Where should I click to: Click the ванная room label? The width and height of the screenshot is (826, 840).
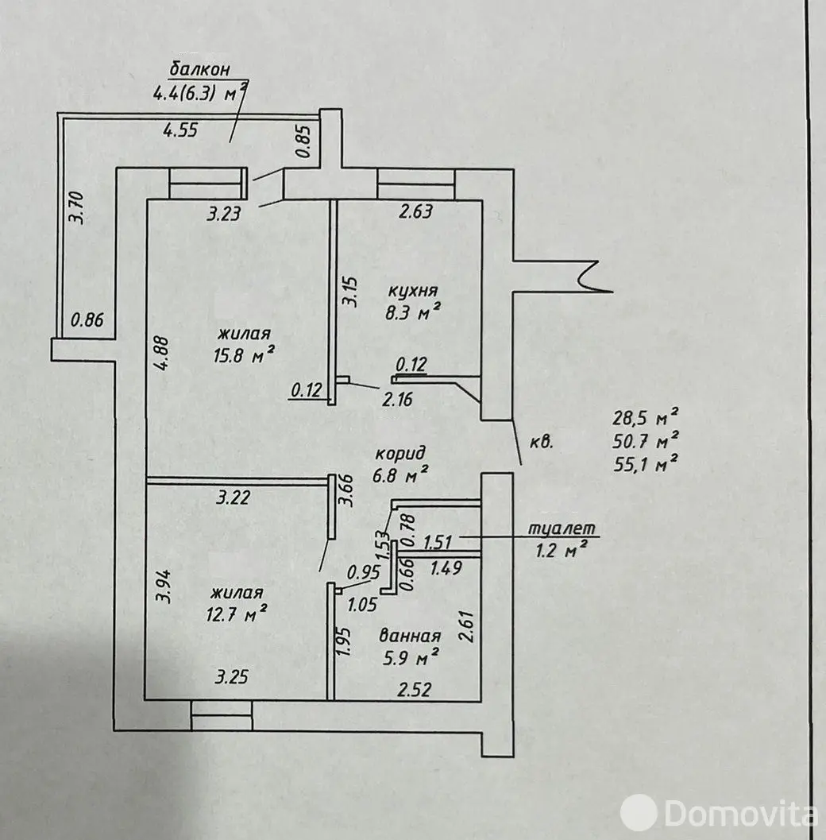(410, 636)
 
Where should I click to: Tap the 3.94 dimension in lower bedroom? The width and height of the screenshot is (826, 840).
(163, 589)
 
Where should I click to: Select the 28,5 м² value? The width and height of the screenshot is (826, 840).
(644, 416)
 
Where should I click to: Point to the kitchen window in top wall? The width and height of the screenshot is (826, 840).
(415, 184)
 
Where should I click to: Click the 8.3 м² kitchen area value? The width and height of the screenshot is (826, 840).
(410, 314)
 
